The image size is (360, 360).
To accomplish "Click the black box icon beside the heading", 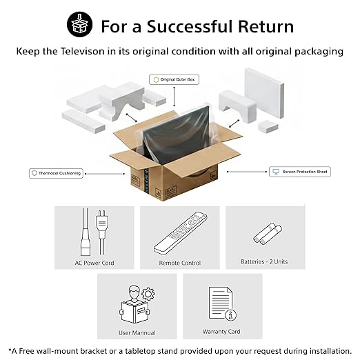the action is (x=80, y=24).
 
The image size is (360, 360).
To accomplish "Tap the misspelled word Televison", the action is (x=82, y=51).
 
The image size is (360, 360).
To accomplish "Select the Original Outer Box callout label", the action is (x=174, y=79).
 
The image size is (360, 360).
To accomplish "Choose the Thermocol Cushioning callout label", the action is (x=56, y=173).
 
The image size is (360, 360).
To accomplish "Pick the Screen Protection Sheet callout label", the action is (x=300, y=172).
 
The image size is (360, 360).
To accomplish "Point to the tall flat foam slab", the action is (x=264, y=92).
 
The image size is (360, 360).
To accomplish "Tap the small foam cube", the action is (x=268, y=126).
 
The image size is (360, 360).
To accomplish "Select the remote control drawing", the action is (x=180, y=233).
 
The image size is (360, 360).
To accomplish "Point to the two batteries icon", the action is (x=268, y=234).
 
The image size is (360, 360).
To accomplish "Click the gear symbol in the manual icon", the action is (x=148, y=294).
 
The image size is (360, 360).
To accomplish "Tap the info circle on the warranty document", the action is (x=230, y=315).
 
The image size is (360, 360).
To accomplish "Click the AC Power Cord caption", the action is (x=94, y=263).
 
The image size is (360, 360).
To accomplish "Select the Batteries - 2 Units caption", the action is (x=264, y=261).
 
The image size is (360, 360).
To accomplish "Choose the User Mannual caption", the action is (x=137, y=332).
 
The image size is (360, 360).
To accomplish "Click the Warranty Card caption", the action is (x=221, y=332).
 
